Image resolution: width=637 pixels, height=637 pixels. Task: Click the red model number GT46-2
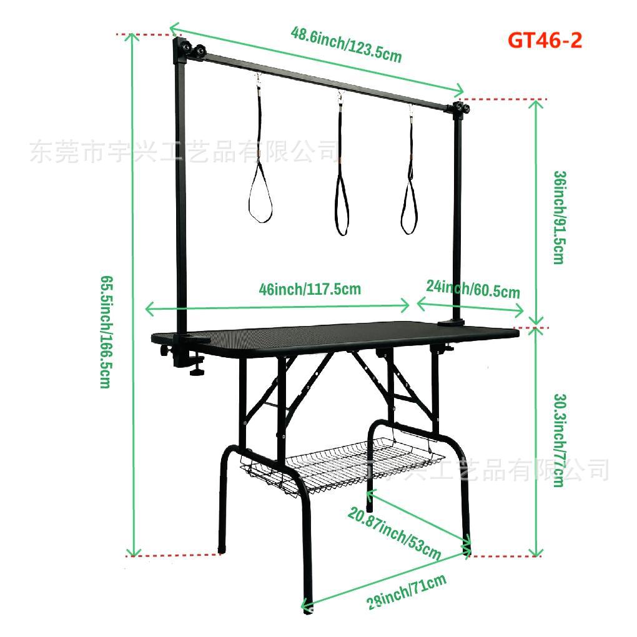click(545, 41)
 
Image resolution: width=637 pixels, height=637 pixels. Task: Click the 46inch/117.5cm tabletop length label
click(310, 289)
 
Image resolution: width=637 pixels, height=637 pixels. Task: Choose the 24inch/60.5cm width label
click(473, 289)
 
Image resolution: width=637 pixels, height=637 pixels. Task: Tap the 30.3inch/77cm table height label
click(559, 440)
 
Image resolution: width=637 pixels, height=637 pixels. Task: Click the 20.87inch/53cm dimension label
click(395, 534)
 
